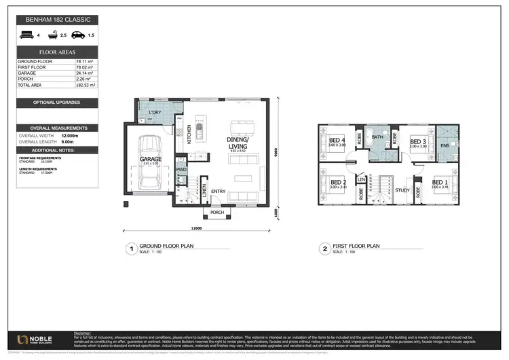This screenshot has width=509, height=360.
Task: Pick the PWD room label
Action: [x=181, y=169]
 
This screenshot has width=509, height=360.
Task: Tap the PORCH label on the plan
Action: [x=217, y=213]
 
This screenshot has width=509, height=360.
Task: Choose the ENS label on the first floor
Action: [x=445, y=145]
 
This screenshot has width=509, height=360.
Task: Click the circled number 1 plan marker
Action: [x=130, y=249]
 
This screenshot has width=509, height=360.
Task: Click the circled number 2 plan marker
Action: [x=325, y=249]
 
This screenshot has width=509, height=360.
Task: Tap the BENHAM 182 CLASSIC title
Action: [x=58, y=20]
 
